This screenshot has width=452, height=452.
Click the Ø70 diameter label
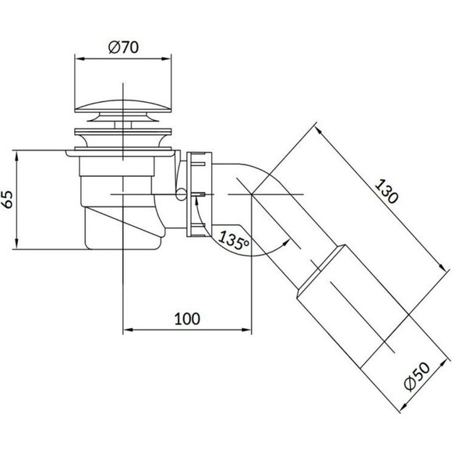coord(123,47)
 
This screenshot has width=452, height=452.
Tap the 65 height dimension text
coord(8,200)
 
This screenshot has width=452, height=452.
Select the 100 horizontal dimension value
coord(187,319)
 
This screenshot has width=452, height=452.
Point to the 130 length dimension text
coord(387,191)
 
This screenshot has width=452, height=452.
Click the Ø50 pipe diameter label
coord(417,376)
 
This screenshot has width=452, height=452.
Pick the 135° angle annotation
coord(233,240)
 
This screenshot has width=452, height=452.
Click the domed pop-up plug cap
coord(123,106)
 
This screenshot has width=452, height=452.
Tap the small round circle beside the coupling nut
coord(182,195)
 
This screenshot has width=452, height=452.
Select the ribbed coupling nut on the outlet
coord(200,195)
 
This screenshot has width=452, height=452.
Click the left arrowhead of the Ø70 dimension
coord(79,58)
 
